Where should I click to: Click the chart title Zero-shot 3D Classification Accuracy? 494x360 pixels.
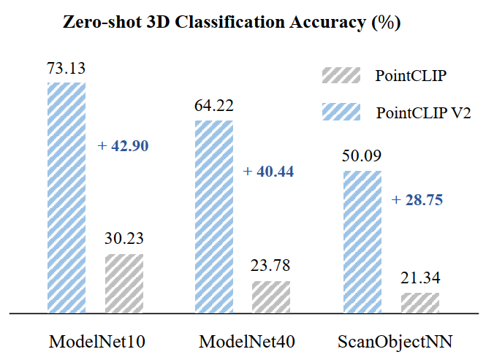click(233, 22)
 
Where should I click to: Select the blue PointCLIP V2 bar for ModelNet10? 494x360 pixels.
click(66, 197)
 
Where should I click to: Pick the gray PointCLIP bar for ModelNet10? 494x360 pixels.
click(124, 283)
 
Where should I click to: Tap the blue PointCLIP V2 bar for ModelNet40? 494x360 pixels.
click(213, 216)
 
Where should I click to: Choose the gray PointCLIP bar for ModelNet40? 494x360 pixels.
click(271, 296)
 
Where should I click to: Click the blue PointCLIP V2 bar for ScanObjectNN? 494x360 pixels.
click(362, 242)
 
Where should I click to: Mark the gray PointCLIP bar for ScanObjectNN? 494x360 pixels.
click(420, 302)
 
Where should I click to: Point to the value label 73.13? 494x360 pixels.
click(66, 69)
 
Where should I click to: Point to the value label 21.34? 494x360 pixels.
click(420, 279)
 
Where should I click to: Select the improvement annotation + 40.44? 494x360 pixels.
click(270, 172)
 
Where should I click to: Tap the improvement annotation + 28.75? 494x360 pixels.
click(417, 199)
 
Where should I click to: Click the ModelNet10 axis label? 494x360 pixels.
click(94, 340)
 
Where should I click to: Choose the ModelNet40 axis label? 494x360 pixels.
click(243, 340)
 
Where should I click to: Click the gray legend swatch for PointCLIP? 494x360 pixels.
click(341, 75)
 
